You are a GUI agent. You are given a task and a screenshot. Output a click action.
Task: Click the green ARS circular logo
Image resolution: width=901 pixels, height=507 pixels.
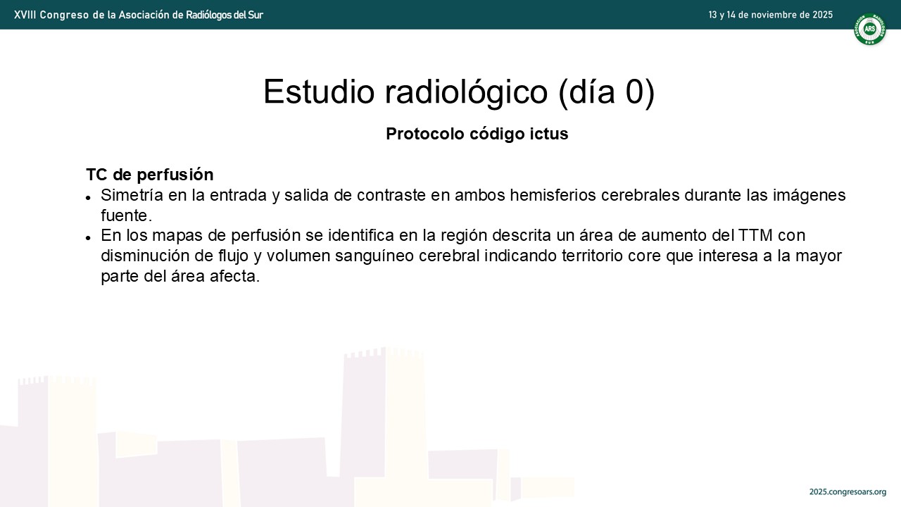click(869, 29)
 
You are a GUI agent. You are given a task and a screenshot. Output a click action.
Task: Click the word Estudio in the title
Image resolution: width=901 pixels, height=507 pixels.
click(319, 92)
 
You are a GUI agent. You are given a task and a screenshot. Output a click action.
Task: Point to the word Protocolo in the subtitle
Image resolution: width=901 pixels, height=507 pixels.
click(425, 134)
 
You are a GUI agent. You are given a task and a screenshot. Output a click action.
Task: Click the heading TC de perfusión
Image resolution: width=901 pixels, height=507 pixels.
click(150, 175)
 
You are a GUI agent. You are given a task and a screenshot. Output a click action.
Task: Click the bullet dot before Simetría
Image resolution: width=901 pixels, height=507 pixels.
click(88, 198)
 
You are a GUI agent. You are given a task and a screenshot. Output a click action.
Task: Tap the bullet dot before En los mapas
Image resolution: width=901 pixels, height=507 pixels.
click(88, 238)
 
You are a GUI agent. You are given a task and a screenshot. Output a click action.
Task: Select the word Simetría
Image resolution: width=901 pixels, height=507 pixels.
click(132, 195)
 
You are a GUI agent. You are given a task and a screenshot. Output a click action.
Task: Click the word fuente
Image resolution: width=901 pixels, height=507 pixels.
click(126, 215)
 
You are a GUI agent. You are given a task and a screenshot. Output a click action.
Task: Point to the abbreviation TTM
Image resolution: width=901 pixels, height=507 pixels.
click(755, 235)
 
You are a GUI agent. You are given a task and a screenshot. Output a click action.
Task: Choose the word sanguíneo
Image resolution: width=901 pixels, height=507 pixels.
click(374, 256)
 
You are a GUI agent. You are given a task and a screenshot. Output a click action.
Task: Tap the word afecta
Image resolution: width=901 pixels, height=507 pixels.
click(235, 276)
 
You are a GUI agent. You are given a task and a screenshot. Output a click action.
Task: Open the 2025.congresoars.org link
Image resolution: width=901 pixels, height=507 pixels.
click(848, 492)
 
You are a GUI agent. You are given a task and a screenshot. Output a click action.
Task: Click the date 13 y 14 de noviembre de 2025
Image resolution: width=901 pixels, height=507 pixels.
click(770, 15)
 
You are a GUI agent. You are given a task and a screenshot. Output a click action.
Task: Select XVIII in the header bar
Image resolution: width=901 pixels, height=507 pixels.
click(25, 15)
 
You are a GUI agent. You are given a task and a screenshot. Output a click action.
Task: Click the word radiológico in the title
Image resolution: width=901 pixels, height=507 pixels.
click(466, 92)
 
